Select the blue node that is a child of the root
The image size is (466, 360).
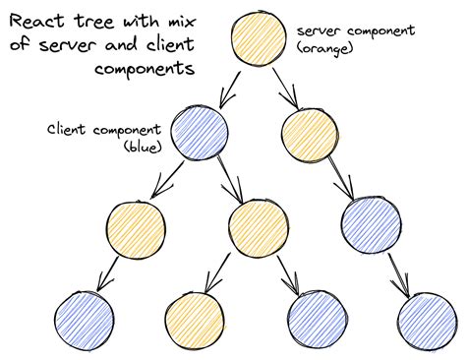pyautogui.click(x=199, y=131)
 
